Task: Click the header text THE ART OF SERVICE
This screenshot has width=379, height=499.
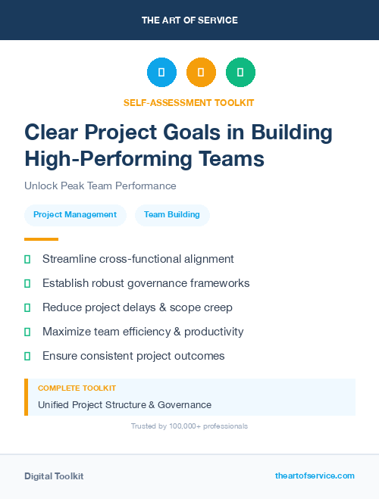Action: pos(189,20)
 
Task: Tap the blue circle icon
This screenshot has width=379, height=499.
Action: pos(161,73)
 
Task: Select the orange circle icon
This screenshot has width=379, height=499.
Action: pos(201,73)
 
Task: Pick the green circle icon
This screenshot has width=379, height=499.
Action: pos(240,73)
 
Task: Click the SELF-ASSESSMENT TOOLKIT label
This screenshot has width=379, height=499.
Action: pos(189,102)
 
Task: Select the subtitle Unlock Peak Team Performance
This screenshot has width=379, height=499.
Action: pos(100,186)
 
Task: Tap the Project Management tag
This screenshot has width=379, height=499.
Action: pos(75,214)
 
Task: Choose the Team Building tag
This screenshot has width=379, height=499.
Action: pos(172,214)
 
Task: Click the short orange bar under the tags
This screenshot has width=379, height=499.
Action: pos(41,239)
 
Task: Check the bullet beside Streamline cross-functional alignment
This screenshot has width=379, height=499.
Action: pos(27,259)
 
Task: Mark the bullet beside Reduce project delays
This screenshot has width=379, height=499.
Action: pos(27,307)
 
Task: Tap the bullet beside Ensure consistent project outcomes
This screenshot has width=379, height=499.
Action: pos(27,356)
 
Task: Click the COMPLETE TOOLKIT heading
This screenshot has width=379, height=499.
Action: pos(77,388)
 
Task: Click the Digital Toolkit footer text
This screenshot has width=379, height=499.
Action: pos(54,476)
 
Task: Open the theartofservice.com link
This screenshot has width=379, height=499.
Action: pos(315,476)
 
